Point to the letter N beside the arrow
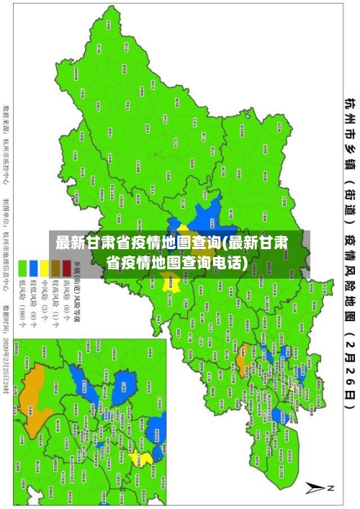click(332, 488)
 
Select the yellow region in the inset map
click(146, 457)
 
